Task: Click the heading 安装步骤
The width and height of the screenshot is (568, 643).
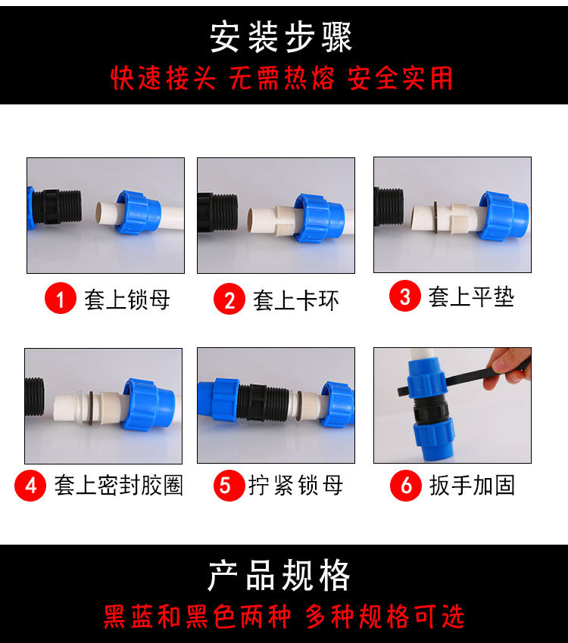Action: tap(281, 37)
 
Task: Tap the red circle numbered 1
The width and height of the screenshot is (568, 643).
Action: tap(61, 298)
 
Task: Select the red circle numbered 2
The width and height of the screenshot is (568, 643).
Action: tap(229, 299)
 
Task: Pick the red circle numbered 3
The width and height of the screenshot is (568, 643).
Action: tap(405, 296)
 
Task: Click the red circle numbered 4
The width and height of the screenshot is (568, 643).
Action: tap(30, 486)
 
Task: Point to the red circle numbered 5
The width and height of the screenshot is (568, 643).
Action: tap(229, 485)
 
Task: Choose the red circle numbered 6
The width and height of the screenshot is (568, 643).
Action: tap(406, 485)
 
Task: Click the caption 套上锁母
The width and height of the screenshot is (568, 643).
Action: tap(127, 300)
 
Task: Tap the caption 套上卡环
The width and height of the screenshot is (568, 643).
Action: tap(296, 300)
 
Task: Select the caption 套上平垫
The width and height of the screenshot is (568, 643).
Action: tap(471, 297)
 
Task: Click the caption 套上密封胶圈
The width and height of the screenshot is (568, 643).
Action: tap(119, 486)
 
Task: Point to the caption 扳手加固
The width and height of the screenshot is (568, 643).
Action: tap(472, 486)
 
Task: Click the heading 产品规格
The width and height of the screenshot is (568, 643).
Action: tap(279, 576)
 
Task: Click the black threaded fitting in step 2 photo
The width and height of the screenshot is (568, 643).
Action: tap(217, 213)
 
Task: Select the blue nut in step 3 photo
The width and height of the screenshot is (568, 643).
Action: tap(503, 216)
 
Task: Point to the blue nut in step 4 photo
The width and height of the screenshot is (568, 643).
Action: tap(148, 404)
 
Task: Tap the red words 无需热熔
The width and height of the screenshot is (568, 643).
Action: tap(282, 78)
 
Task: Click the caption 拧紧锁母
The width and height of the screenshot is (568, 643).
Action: tap(296, 486)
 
